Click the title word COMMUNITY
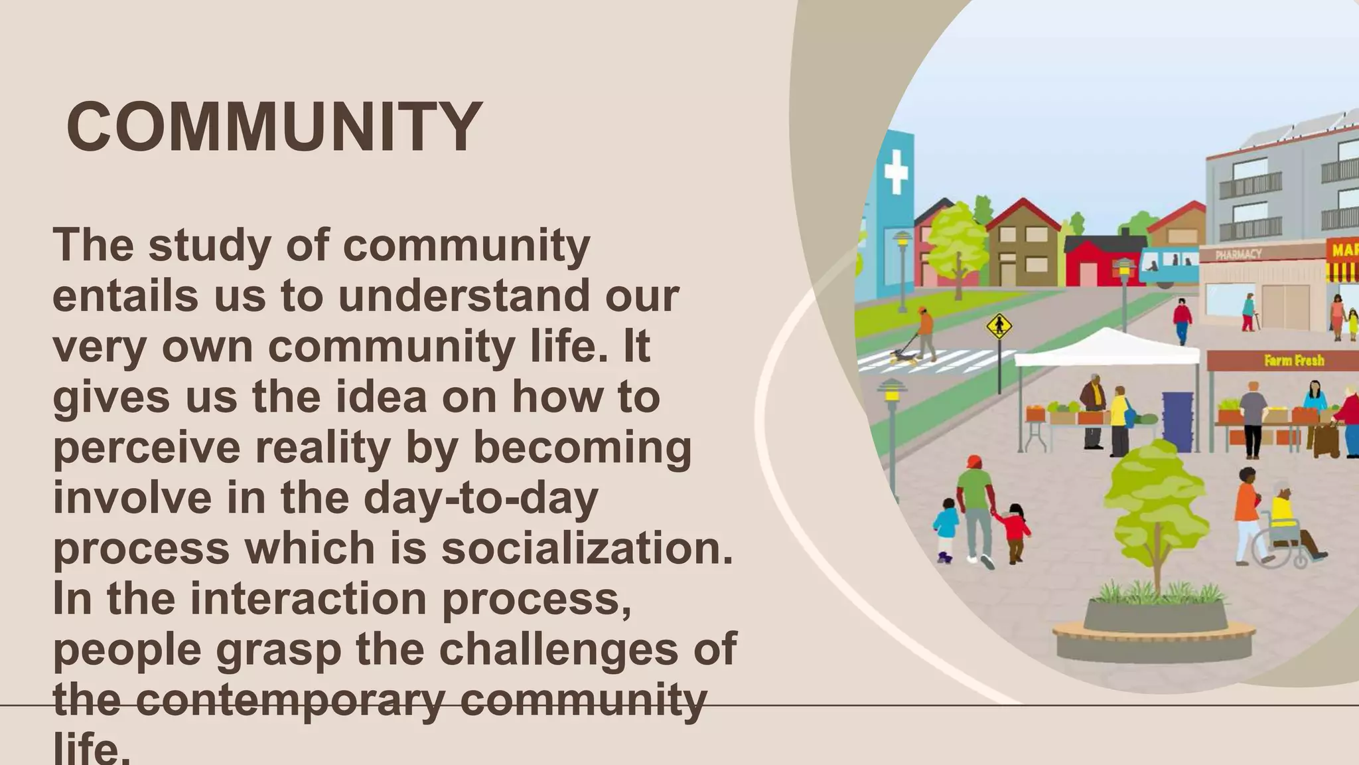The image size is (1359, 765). (274, 127)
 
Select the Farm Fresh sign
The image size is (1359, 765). (1294, 361)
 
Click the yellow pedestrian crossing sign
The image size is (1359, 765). (999, 327)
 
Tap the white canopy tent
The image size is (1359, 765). (1107, 349)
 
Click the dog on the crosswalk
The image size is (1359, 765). (904, 356)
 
